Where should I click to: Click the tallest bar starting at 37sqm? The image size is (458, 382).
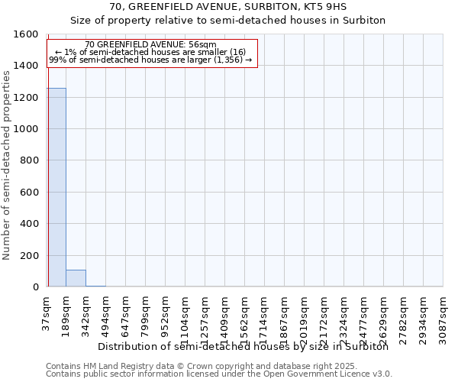(x=56, y=187)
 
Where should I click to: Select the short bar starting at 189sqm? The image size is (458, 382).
(x=76, y=278)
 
